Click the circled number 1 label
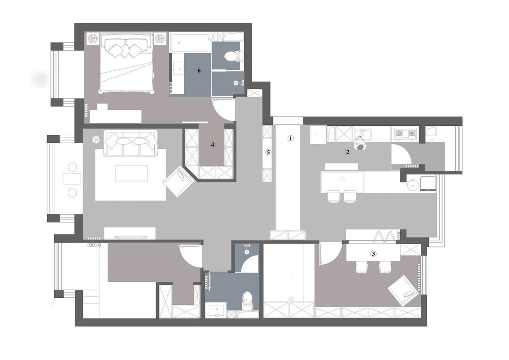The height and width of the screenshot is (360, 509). click(x=290, y=138)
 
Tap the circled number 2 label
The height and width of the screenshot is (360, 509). click(x=347, y=152)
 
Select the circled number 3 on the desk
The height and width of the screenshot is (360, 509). click(x=373, y=254)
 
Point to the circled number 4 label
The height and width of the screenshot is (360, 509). click(x=213, y=145)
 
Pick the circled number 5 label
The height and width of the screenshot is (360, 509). click(x=268, y=152)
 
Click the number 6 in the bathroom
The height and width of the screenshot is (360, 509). click(x=199, y=70)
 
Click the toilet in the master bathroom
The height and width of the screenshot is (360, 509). click(x=233, y=56)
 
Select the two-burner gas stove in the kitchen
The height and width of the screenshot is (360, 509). click(x=405, y=133)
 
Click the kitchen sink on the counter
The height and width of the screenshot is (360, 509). click(x=363, y=133)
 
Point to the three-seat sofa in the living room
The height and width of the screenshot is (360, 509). click(x=131, y=143)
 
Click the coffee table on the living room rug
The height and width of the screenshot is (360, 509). click(x=131, y=173)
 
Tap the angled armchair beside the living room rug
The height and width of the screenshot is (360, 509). click(x=179, y=181)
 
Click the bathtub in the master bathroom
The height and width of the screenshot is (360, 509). click(x=190, y=42)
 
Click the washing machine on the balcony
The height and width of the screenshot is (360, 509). click(x=428, y=183)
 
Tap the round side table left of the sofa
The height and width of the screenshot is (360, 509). click(x=96, y=140)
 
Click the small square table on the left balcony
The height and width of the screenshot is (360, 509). click(x=73, y=179)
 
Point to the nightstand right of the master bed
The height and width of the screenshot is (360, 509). click(x=159, y=38)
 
